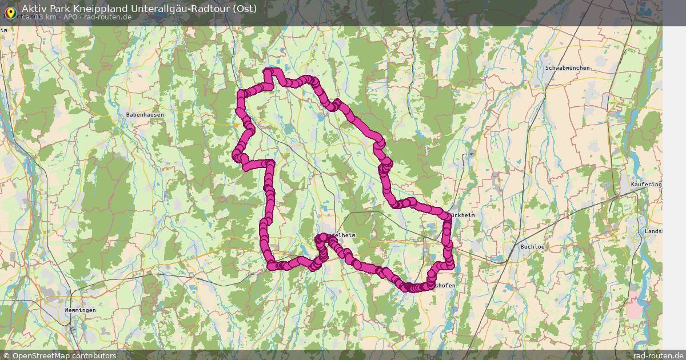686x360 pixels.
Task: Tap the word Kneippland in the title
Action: pyautogui.click(x=95, y=9)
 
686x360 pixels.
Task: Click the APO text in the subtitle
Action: pyautogui.click(x=70, y=17)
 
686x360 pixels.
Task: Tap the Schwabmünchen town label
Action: pyautogui.click(x=567, y=68)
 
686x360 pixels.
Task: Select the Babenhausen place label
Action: pyautogui.click(x=145, y=115)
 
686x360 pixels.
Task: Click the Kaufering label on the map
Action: pyautogui.click(x=645, y=185)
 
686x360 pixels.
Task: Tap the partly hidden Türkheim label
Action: pyautogui.click(x=462, y=215)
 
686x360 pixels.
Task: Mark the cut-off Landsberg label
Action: pyautogui.click(x=653, y=231)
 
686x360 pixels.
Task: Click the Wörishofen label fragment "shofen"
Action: pyautogui.click(x=445, y=285)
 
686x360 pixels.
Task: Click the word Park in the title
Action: pyautogui.click(x=59, y=9)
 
